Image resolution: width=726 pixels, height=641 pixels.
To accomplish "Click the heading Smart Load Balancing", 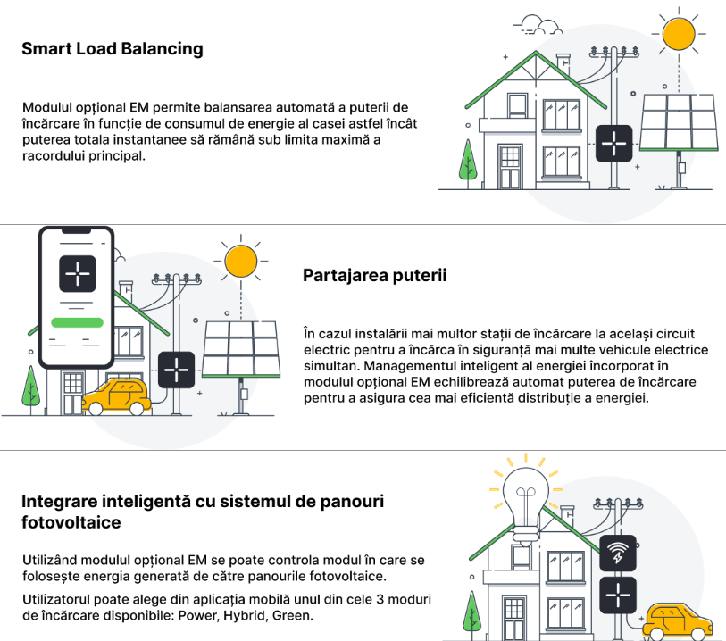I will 113,49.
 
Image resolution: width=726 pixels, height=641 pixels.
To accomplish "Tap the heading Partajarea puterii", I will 375,275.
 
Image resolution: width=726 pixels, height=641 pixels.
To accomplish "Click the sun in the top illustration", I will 679,33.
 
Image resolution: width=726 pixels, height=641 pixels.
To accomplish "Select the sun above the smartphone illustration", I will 240,262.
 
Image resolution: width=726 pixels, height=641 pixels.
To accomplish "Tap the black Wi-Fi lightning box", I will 617,555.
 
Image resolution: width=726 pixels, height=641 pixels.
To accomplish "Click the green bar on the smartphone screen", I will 79,321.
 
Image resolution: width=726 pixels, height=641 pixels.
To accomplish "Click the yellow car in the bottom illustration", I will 678,621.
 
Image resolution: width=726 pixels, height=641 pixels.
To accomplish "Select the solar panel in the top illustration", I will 679,122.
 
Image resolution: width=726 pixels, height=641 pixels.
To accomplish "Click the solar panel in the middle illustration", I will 241,348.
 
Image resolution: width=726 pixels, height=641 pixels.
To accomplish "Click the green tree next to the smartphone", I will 31,387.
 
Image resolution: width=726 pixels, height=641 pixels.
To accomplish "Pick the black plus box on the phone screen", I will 78,274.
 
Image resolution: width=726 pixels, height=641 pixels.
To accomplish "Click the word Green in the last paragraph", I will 294,616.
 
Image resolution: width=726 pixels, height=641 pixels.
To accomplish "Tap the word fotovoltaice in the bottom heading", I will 71,521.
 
